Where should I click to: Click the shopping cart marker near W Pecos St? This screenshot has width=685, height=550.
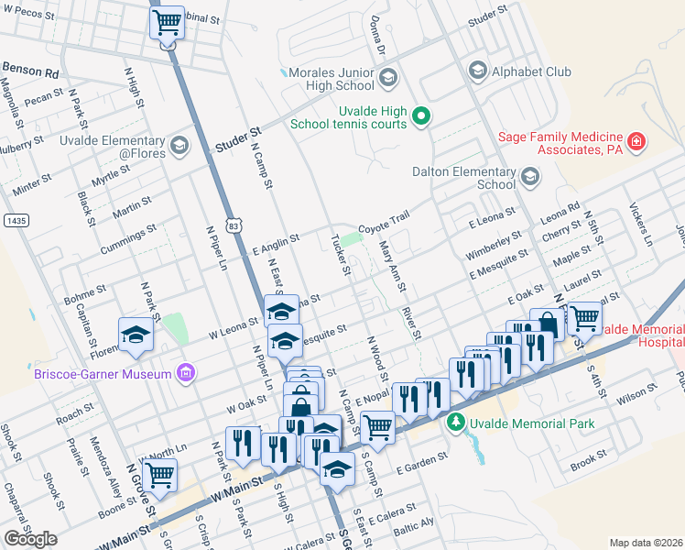167,22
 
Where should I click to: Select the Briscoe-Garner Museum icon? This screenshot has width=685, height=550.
186,372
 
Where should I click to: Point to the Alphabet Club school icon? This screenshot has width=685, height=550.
476,71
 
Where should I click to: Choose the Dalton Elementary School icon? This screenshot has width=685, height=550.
529,176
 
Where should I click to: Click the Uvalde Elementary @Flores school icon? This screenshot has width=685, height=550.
178,145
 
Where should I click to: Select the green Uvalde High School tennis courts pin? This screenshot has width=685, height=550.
420,115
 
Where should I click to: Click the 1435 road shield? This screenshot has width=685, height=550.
14,220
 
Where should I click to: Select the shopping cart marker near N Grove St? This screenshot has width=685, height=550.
159,474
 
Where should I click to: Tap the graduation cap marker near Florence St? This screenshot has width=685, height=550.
136,335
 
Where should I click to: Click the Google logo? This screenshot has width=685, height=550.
30,539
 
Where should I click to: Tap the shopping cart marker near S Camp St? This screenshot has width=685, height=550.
376,425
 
